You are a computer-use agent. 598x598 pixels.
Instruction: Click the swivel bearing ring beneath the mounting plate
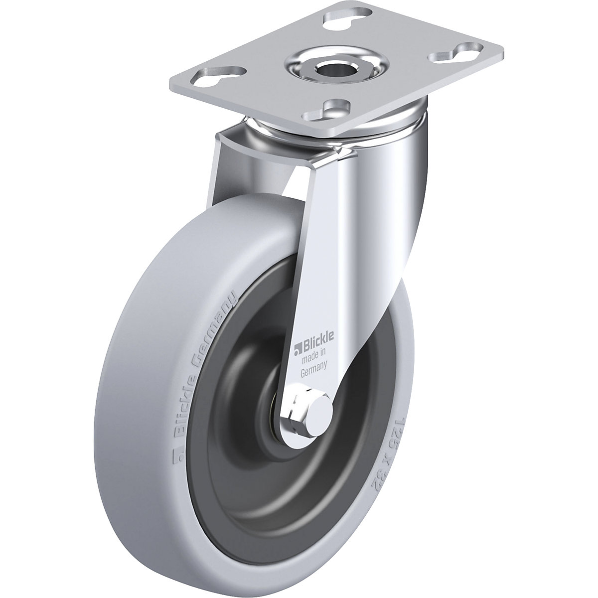click(x=279, y=130)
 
